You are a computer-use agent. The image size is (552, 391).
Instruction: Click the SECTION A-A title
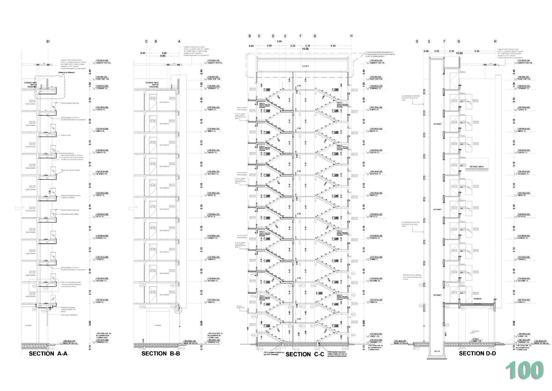click(x=48, y=353)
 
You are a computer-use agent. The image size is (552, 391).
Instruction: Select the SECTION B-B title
click(x=161, y=353)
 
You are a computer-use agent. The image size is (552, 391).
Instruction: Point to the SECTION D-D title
click(x=477, y=353)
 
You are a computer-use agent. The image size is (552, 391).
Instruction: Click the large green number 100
click(x=524, y=371)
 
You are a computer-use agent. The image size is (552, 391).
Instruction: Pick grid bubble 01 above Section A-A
click(x=48, y=41)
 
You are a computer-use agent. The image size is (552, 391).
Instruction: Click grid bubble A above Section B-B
click(x=179, y=41)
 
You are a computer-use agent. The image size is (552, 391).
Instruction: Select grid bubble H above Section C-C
click(x=351, y=36)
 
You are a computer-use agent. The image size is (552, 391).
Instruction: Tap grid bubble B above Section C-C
click(x=250, y=36)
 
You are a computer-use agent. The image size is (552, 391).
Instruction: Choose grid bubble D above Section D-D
click(x=417, y=41)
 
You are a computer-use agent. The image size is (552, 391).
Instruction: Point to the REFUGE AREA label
click(x=476, y=166)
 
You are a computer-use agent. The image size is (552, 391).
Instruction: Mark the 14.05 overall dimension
click(x=305, y=49)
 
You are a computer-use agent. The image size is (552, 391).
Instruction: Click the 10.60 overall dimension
click(x=459, y=53)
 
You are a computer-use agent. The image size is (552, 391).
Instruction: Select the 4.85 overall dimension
click(x=163, y=55)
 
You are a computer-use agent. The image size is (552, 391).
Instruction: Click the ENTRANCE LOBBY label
click(x=475, y=332)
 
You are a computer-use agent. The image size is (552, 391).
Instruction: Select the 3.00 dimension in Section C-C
click(x=269, y=46)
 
